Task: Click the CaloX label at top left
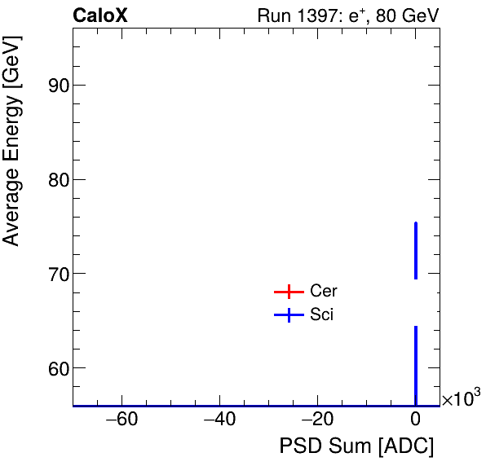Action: [x=100, y=15]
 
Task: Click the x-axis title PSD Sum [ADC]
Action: [x=356, y=446]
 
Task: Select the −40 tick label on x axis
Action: [x=219, y=420]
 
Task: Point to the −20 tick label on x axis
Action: [x=317, y=420]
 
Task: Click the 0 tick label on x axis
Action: [x=416, y=420]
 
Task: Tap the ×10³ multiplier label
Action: [x=460, y=399]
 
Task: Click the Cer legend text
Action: [x=324, y=292]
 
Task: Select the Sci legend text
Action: [x=322, y=315]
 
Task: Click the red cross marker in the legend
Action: [x=289, y=292]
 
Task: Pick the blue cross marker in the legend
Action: [x=289, y=315]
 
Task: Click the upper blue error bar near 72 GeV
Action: [x=416, y=250]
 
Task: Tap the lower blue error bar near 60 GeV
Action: [x=416, y=365]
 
